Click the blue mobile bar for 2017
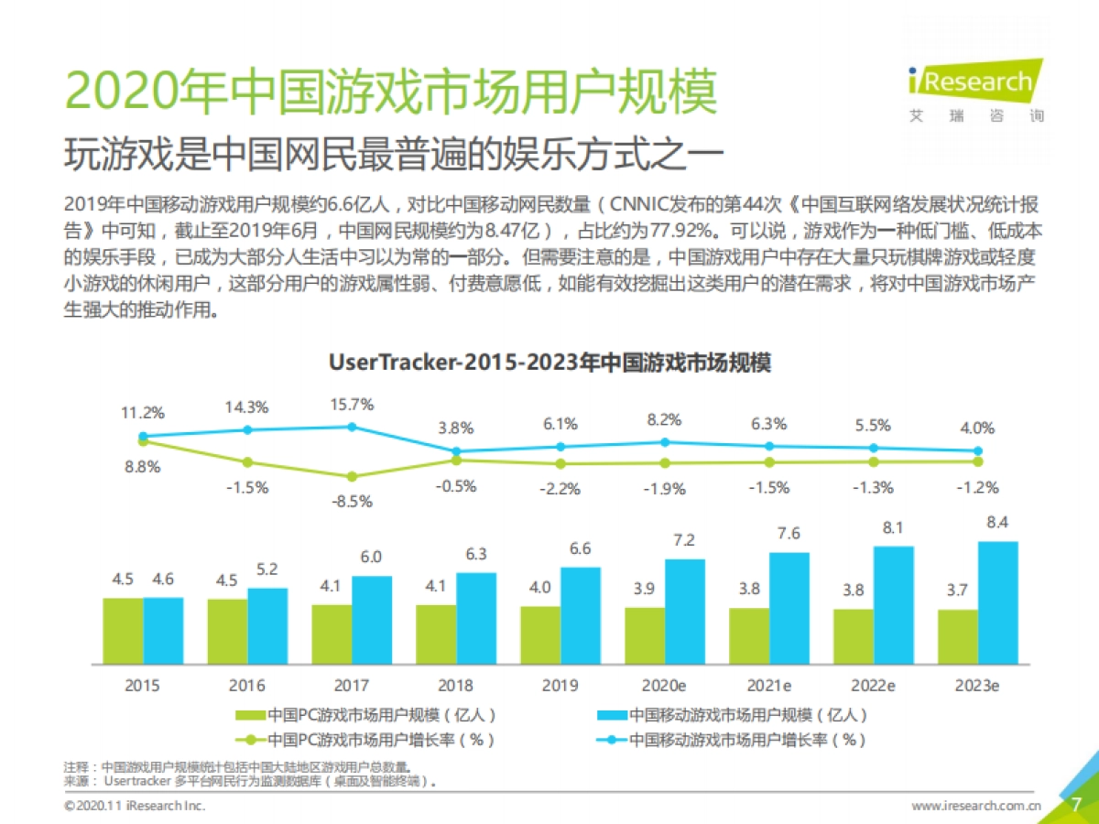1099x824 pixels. click(x=372, y=619)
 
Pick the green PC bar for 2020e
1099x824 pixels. click(x=645, y=634)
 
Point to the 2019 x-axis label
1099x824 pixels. click(x=560, y=686)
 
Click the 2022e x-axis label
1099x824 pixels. click(x=873, y=686)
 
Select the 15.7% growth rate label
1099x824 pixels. click(x=352, y=405)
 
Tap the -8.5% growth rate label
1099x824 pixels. click(x=352, y=501)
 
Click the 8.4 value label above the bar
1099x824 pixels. click(x=997, y=522)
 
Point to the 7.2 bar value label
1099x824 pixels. click(x=685, y=539)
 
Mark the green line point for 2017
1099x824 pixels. click(x=352, y=476)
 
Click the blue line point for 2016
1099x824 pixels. click(x=247, y=429)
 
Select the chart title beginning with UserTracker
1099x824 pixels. click(x=549, y=363)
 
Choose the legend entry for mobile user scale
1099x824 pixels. click(x=733, y=715)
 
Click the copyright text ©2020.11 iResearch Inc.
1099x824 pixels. click(x=135, y=806)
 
